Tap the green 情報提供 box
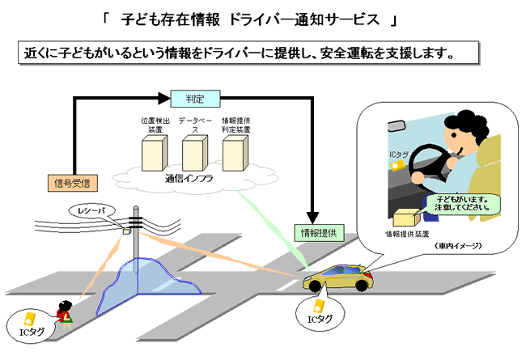(x=320, y=232)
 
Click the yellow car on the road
(x=341, y=279)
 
